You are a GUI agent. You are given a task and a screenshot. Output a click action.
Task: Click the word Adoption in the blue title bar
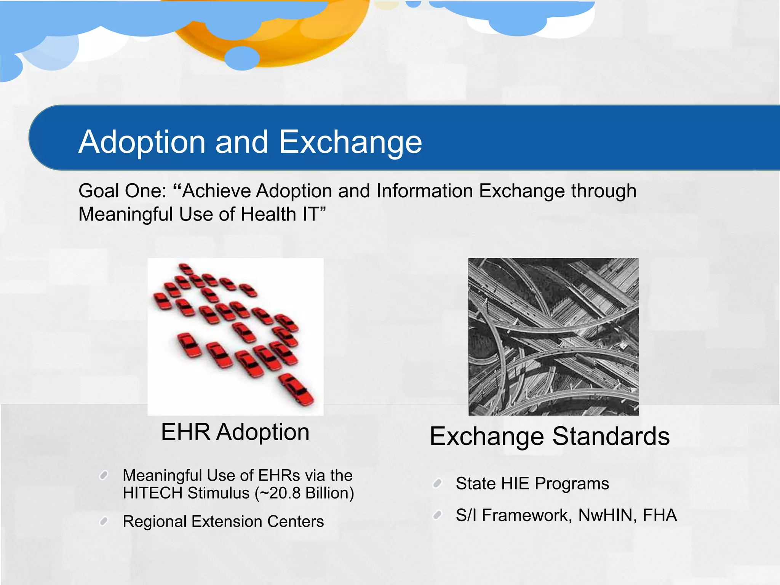click(x=142, y=142)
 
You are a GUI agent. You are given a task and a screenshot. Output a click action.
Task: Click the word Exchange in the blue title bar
click(x=350, y=142)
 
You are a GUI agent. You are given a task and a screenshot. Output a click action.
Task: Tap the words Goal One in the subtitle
click(x=122, y=191)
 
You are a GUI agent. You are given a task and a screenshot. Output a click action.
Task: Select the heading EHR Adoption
click(x=235, y=432)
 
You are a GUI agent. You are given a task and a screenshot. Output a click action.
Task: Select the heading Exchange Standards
click(x=549, y=436)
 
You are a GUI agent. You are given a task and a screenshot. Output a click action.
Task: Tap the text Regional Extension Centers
click(x=223, y=521)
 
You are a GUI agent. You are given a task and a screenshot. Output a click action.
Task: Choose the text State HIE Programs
click(x=532, y=484)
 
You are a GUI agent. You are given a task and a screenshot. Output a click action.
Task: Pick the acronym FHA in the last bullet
click(x=660, y=515)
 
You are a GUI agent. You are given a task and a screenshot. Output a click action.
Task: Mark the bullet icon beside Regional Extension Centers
click(x=104, y=521)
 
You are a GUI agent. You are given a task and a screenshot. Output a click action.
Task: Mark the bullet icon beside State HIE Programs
click(x=437, y=484)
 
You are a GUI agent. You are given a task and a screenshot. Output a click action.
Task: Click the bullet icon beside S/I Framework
click(x=437, y=516)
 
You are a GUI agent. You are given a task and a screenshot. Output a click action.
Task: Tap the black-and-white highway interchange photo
click(x=553, y=337)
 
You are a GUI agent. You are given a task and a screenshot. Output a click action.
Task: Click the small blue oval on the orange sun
click(x=242, y=58)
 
